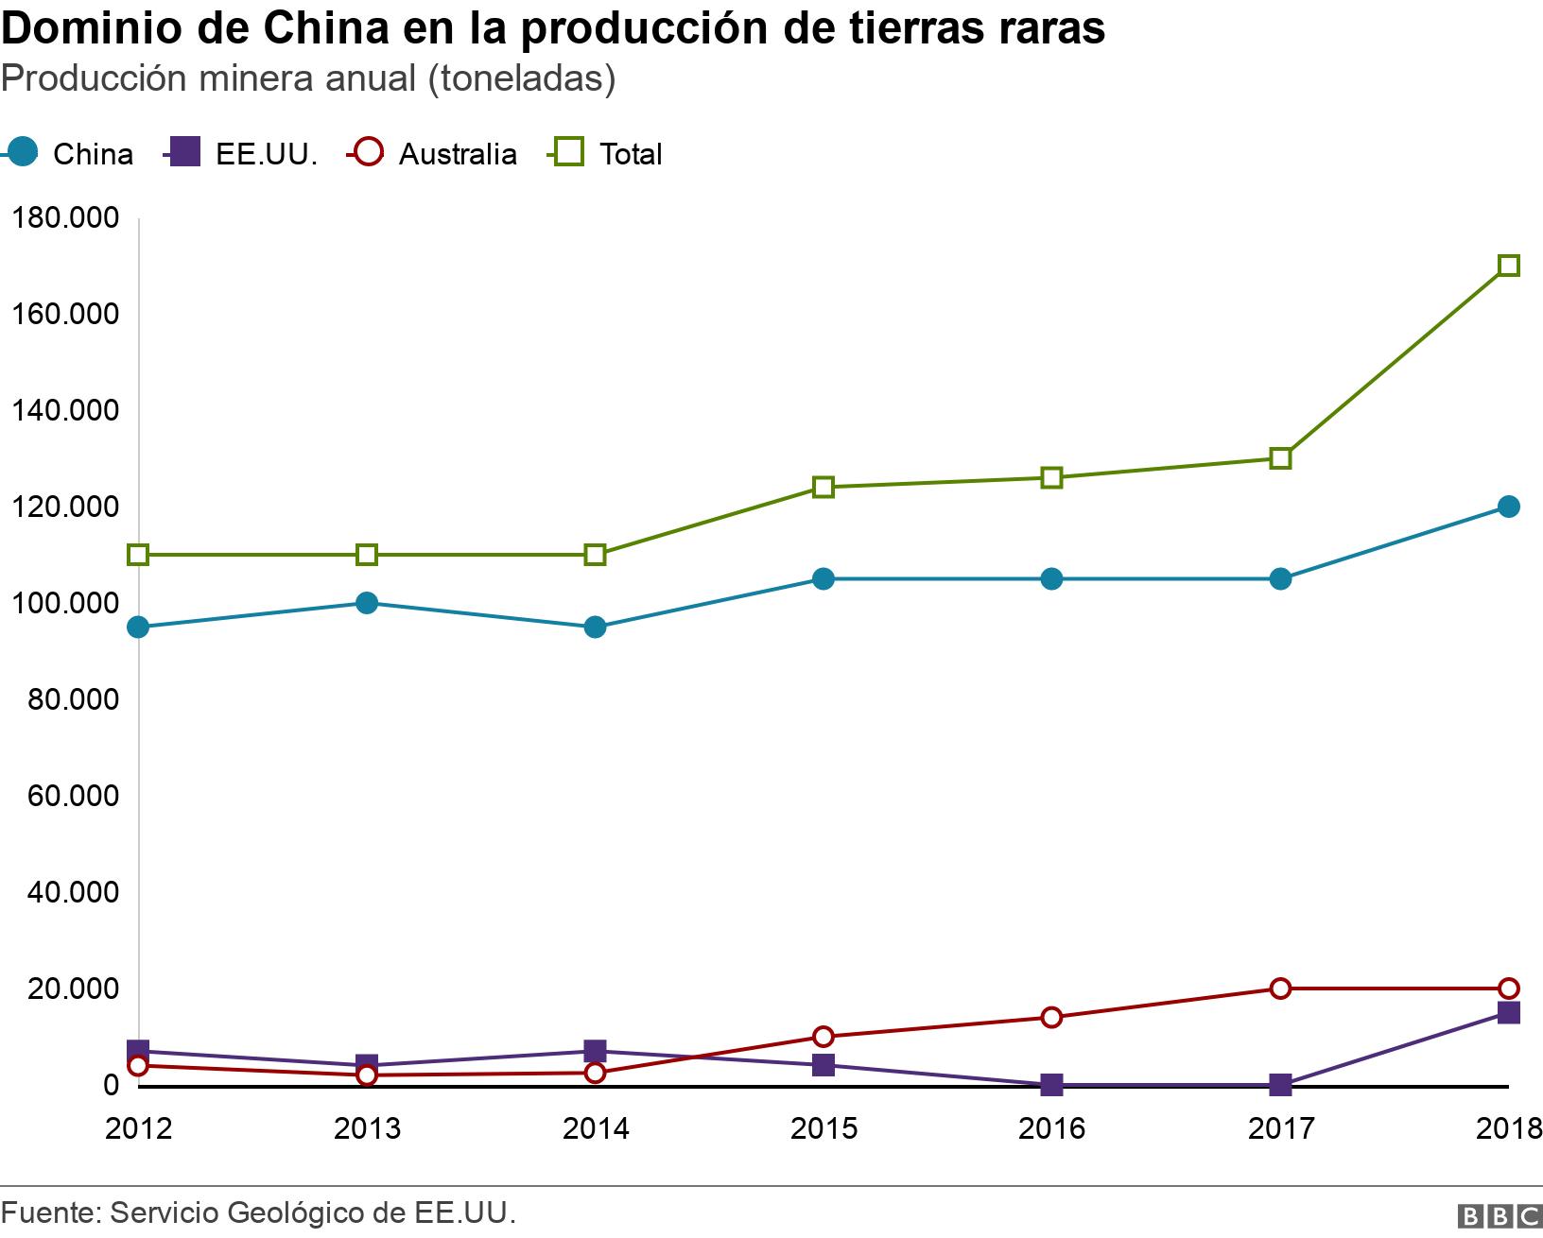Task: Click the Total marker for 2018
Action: (x=1509, y=266)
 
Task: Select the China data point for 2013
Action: (x=367, y=603)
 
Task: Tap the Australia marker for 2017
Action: (x=1280, y=989)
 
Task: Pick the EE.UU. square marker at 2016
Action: (x=1051, y=1085)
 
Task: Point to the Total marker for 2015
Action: (x=824, y=488)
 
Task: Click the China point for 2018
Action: (x=1509, y=507)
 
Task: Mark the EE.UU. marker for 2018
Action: (x=1509, y=1013)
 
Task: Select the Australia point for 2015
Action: (x=824, y=1037)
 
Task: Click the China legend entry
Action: (x=71, y=154)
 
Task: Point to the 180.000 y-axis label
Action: (x=65, y=218)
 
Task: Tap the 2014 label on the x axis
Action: (x=596, y=1129)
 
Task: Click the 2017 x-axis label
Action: (x=1280, y=1129)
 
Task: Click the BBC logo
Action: (x=1500, y=1215)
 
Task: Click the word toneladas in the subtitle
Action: (x=522, y=79)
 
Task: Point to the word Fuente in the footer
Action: (x=48, y=1213)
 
